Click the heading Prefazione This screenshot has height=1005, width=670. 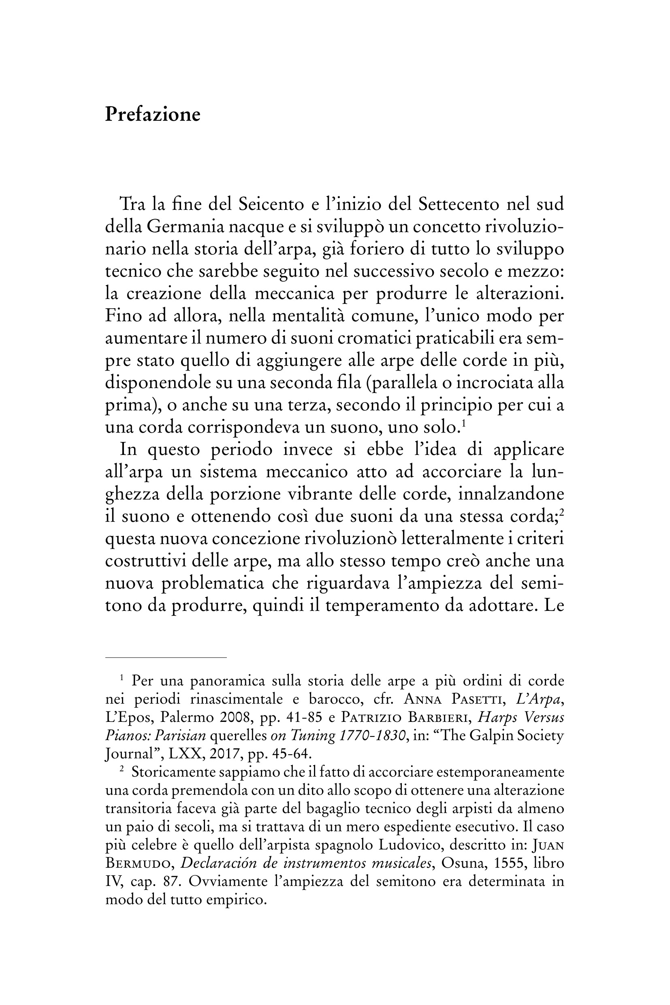pos(153,115)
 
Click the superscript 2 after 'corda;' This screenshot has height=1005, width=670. pos(562,513)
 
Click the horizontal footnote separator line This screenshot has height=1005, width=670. pos(166,657)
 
